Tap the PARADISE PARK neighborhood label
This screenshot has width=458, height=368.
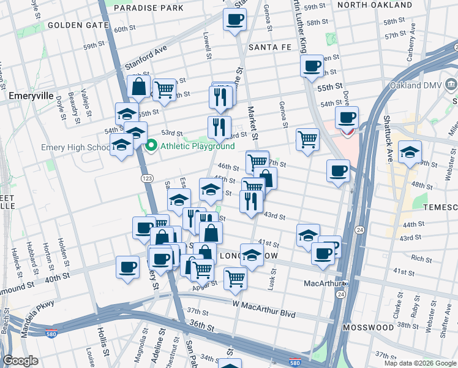tap(148, 9)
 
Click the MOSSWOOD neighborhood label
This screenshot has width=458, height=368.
tap(367, 328)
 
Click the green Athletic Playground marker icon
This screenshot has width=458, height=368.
tap(151, 146)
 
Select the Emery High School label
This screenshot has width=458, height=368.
tap(75, 148)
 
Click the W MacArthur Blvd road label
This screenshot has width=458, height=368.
tap(264, 315)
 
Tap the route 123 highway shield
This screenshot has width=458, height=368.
tap(147, 178)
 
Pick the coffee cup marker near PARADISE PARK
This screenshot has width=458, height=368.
tap(233, 20)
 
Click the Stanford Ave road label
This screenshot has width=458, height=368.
tap(147, 56)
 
